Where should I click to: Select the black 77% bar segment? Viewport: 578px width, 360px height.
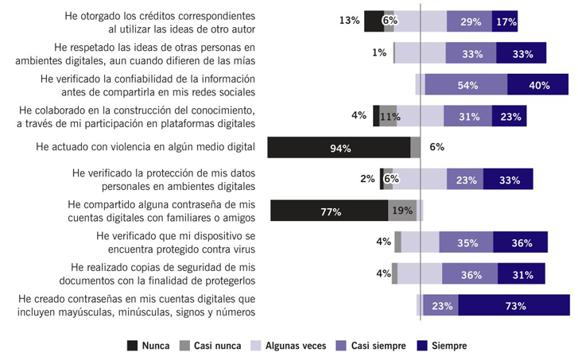[328, 211]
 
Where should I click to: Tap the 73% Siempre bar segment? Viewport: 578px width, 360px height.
[514, 305]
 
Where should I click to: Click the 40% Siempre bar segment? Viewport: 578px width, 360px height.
[537, 84]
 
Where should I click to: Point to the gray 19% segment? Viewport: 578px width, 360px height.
[401, 211]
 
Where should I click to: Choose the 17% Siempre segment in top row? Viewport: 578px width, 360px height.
[505, 21]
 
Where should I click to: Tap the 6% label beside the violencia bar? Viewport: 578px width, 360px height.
[436, 147]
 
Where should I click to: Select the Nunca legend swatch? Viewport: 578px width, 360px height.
[133, 346]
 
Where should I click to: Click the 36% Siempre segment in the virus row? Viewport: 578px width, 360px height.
[520, 242]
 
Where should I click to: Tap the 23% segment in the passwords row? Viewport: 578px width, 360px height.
[442, 305]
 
